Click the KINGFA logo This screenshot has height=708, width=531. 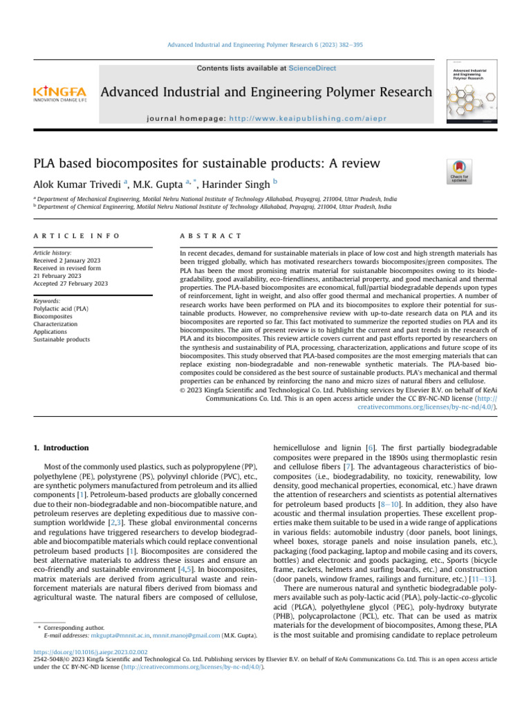59,93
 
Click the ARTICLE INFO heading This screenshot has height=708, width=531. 76,236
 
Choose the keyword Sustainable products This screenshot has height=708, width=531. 62,339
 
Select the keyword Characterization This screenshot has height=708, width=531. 56,324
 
